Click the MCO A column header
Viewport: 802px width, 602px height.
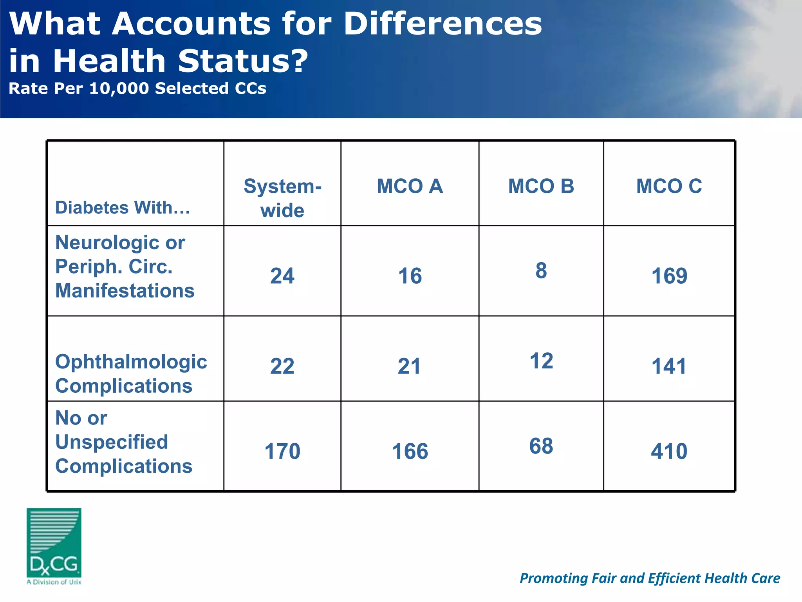tap(410, 186)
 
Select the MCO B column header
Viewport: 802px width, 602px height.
tap(541, 186)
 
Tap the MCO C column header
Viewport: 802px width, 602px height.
tap(669, 186)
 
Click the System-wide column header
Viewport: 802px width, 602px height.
tap(282, 198)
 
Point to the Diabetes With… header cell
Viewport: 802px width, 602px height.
tap(123, 207)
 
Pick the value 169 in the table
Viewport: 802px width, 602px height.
tap(669, 276)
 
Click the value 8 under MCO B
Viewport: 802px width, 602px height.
tap(541, 270)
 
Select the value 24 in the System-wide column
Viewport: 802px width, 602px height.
tap(282, 276)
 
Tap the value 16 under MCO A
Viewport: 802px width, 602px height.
tap(410, 276)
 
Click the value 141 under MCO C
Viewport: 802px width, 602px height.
tap(669, 366)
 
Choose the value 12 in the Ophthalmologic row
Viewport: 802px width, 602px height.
tap(541, 361)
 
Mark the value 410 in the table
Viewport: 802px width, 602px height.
tap(669, 451)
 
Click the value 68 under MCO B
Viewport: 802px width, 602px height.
tap(541, 446)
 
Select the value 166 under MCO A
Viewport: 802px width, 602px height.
tap(410, 451)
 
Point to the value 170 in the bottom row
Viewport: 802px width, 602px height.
tap(282, 451)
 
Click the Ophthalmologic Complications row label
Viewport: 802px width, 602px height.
tap(131, 374)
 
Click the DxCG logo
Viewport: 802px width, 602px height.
tap(54, 545)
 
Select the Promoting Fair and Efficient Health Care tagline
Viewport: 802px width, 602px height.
tap(650, 578)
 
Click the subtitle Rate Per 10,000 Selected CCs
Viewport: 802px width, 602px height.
tap(137, 89)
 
